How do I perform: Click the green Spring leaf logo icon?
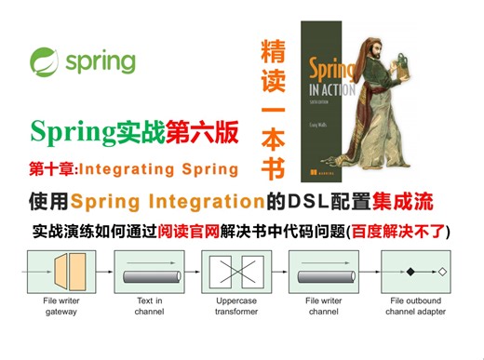coord(45,62)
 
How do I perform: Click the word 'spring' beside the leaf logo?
coord(100,62)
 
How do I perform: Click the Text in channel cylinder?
coord(150,273)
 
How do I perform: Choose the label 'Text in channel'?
coord(149,306)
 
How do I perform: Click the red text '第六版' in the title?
coord(201,131)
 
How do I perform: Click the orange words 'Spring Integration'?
coord(163,201)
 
